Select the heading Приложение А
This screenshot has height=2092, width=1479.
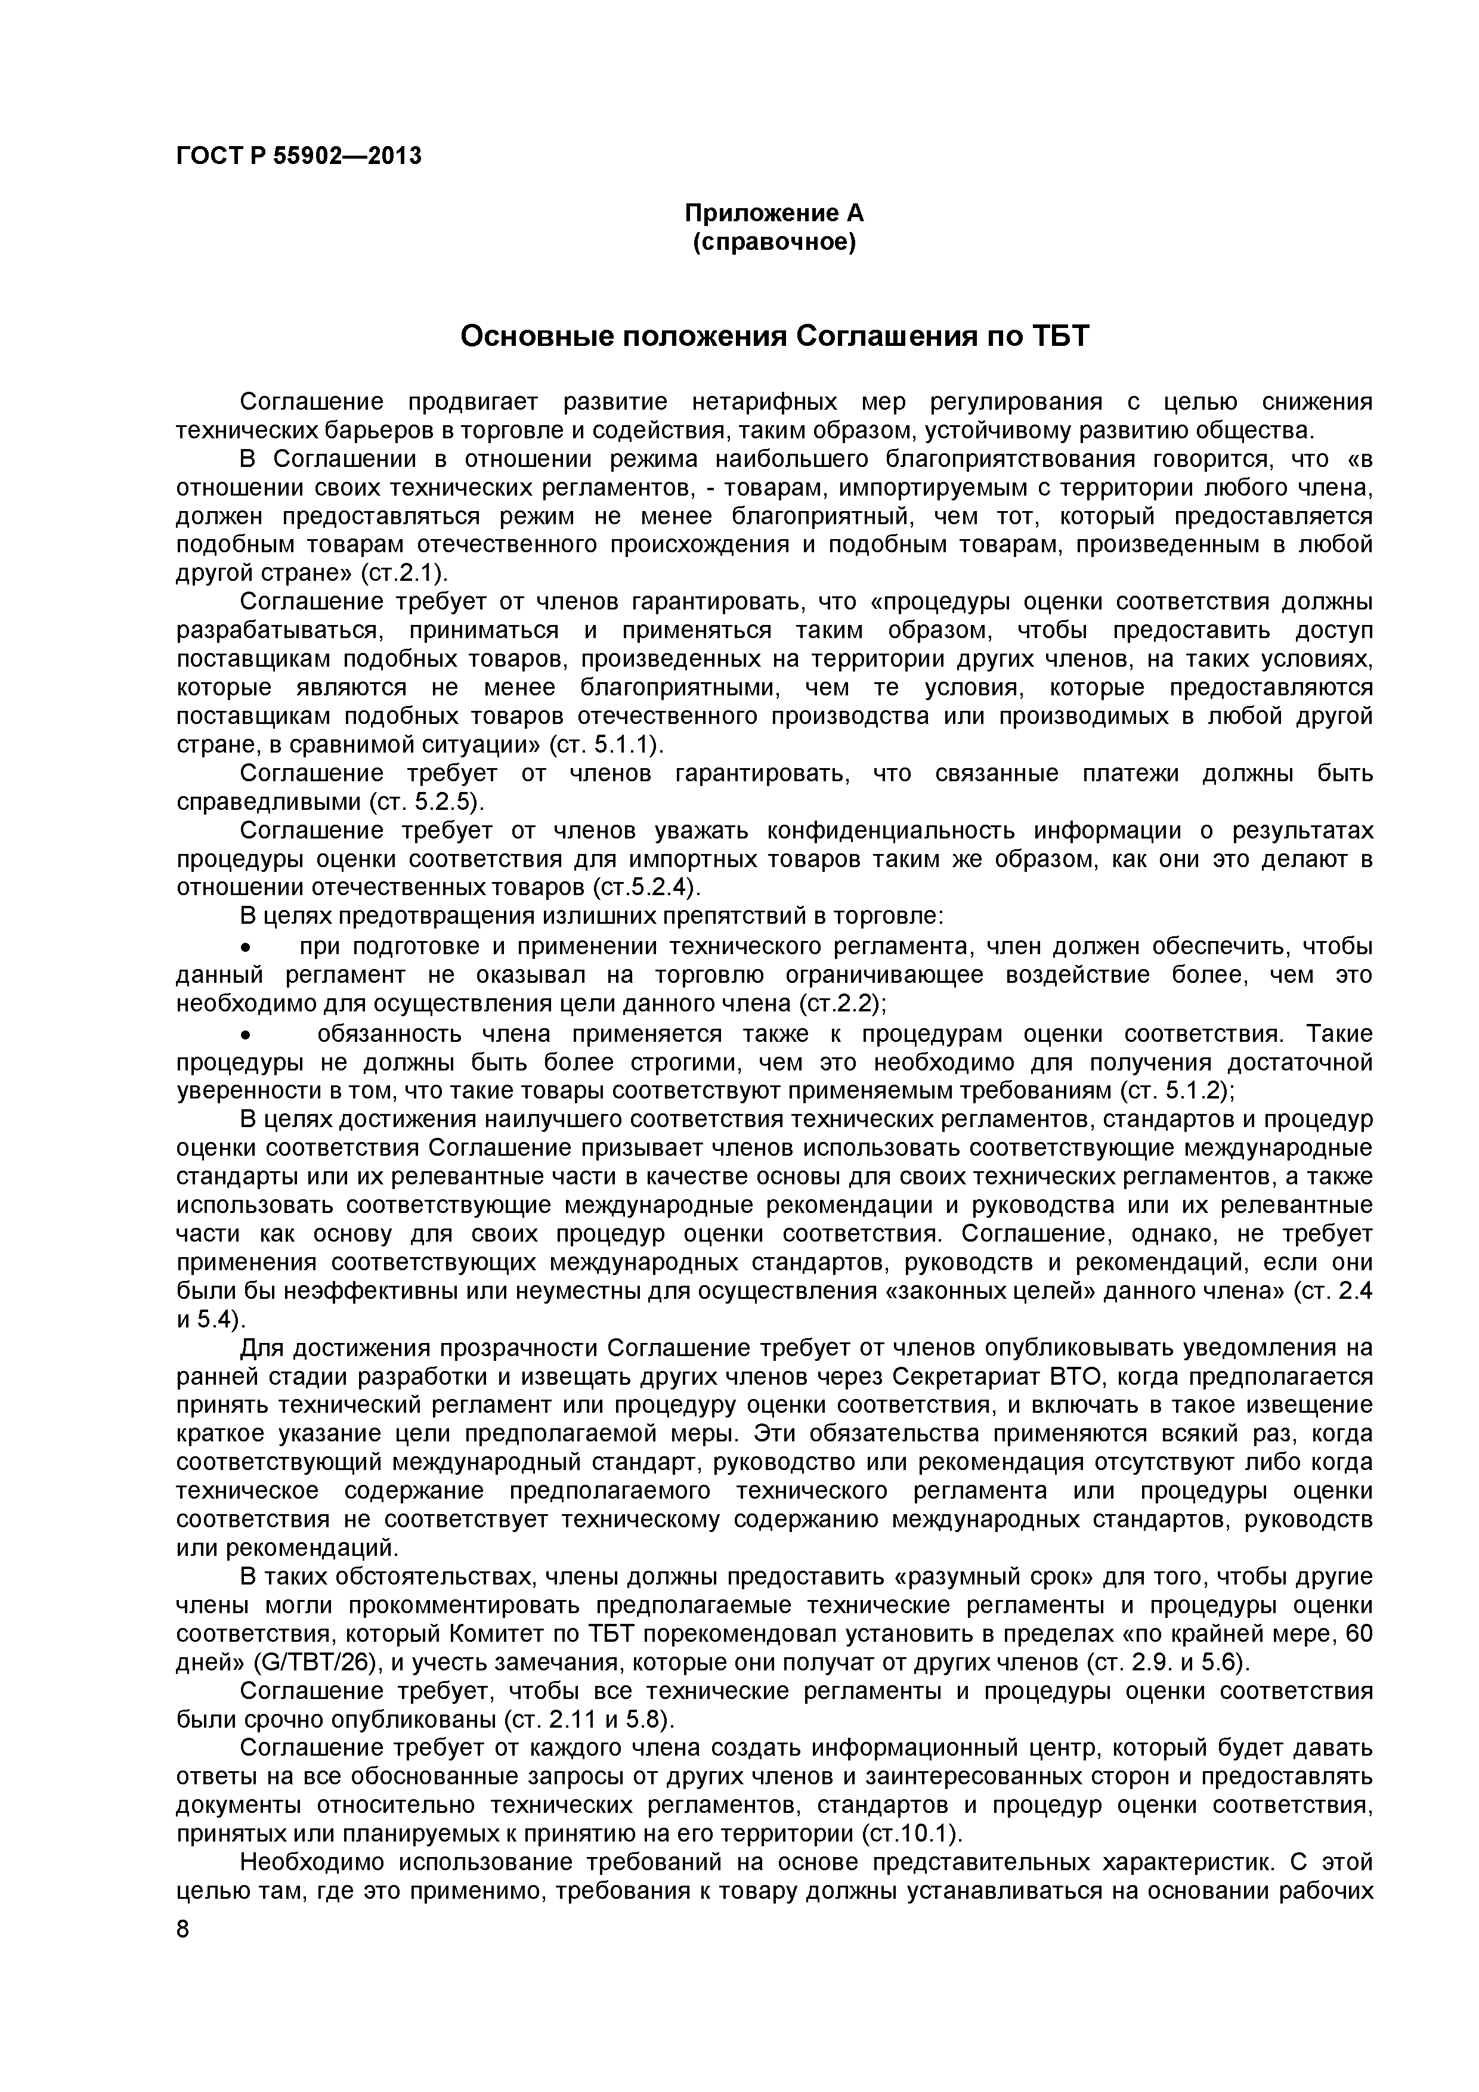point(773,213)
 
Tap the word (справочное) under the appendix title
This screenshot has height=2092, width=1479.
point(773,243)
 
